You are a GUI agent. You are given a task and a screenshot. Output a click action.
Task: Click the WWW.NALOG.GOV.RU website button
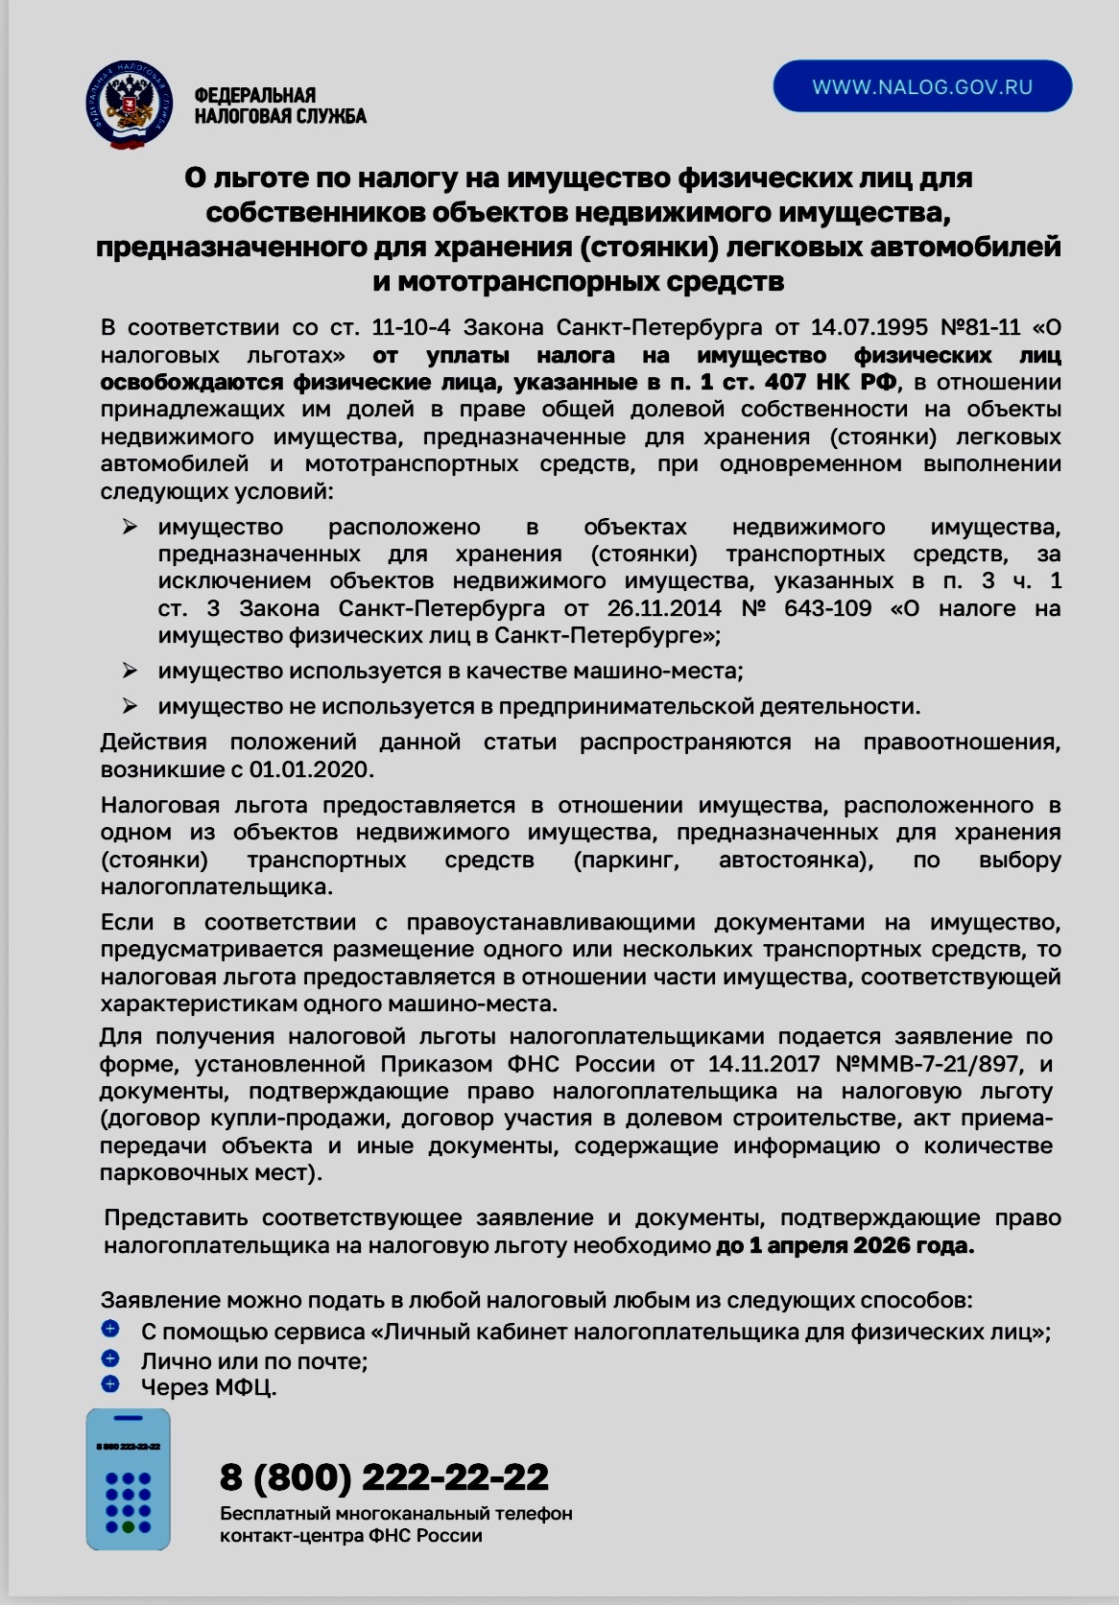pyautogui.click(x=921, y=87)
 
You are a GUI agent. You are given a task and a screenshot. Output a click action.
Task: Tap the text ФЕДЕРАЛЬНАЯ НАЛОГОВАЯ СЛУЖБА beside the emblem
pyautogui.click(x=280, y=106)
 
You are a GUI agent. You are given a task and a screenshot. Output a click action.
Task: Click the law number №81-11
pyautogui.click(x=983, y=327)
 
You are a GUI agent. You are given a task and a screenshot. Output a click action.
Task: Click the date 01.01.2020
pyautogui.click(x=310, y=769)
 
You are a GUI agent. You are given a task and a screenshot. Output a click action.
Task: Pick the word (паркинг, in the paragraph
pyautogui.click(x=626, y=860)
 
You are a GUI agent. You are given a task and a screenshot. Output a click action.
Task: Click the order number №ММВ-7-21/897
pyautogui.click(x=929, y=1064)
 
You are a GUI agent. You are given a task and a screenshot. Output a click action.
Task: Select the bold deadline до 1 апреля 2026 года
pyautogui.click(x=845, y=1246)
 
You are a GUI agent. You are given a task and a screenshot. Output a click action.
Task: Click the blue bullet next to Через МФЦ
pyautogui.click(x=109, y=1383)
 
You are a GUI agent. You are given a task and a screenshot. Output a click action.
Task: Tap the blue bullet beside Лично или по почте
pyautogui.click(x=109, y=1357)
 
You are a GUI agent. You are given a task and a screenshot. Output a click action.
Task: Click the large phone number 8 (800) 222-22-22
pyautogui.click(x=384, y=1476)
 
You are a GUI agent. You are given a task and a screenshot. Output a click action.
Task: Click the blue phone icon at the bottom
pyautogui.click(x=128, y=1479)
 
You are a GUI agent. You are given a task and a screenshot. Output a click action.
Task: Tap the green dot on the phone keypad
pyautogui.click(x=129, y=1526)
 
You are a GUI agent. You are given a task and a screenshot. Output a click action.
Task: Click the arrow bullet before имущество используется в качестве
pyautogui.click(x=130, y=670)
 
